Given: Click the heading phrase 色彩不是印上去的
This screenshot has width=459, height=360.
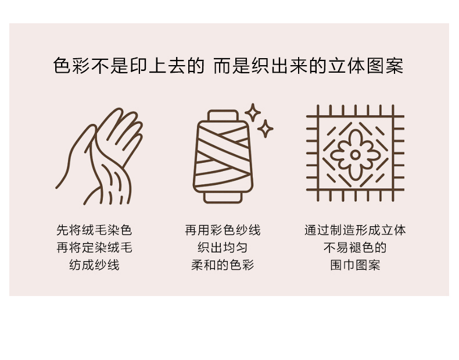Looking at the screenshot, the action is pos(128,66).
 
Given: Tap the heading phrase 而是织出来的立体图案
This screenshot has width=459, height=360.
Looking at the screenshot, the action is pos(309,66).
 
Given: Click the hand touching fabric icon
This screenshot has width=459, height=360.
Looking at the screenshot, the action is pos(99,156).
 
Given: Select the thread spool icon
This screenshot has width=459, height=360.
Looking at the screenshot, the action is pos(223,156).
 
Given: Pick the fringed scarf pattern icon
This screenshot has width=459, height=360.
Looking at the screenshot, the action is pos(355,153).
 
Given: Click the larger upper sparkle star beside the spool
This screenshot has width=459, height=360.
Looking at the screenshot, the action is pos(253,112).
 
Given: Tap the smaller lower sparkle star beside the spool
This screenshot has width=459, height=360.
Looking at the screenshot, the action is pos(265,129).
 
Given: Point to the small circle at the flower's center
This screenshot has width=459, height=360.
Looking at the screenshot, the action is pos(355,155).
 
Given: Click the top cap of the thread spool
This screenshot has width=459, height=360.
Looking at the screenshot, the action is pos(223,115).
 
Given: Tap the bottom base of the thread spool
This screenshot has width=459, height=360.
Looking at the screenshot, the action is pos(223,198).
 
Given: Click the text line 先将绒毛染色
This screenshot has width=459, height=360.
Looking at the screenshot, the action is pos(94,230).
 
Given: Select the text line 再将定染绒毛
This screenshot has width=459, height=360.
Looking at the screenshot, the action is pos(94,248).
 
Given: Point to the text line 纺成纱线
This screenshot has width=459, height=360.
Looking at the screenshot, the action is pos(94,265).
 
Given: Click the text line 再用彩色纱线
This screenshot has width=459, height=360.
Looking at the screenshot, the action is pos(223,230).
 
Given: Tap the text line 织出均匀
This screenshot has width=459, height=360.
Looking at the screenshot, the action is pos(223,248).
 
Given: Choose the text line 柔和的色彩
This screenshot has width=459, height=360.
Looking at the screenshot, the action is pos(223,265).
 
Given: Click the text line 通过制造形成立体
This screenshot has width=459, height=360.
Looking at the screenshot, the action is pos(355,230).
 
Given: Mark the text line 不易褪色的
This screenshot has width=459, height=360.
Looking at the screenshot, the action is pos(355,248).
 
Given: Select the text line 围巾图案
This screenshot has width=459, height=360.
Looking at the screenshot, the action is pos(355,265).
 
